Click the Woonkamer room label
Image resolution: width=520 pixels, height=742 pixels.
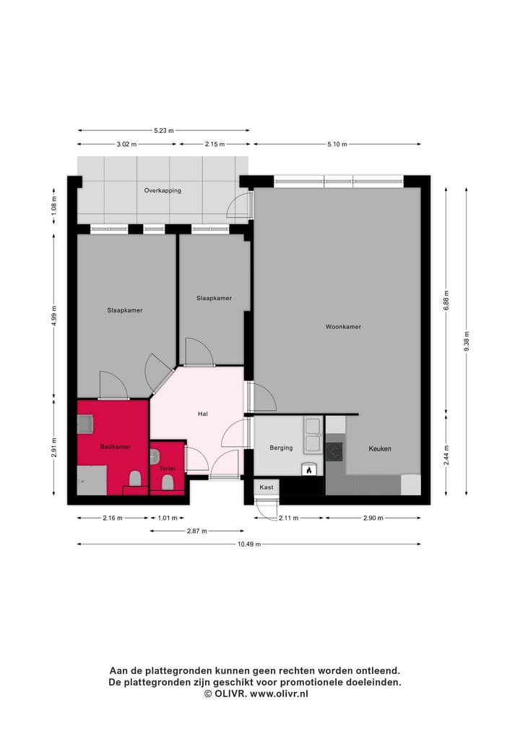click(x=343, y=327)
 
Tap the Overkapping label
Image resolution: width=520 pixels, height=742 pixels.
click(x=162, y=191)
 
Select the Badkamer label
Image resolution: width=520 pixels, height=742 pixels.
click(x=116, y=447)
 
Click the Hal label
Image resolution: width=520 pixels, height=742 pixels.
click(x=203, y=414)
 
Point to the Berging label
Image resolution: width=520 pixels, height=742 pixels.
click(x=281, y=448)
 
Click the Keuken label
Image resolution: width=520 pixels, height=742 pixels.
click(x=380, y=449)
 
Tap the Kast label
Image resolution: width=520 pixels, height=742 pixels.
click(x=266, y=487)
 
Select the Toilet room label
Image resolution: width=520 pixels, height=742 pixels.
click(x=167, y=469)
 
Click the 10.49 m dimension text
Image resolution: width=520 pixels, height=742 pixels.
click(x=248, y=544)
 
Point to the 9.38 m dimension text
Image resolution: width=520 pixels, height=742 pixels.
click(x=467, y=345)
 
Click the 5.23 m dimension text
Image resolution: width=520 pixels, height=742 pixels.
click(x=164, y=131)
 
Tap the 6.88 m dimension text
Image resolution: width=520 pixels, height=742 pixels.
click(x=446, y=300)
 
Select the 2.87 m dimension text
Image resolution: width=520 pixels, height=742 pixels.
click(x=196, y=531)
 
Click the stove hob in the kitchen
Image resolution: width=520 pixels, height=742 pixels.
click(x=334, y=452)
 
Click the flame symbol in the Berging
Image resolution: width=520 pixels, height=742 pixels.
click(x=310, y=470)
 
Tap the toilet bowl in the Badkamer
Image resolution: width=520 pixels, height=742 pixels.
click(x=134, y=478)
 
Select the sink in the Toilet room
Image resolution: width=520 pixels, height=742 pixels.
click(x=155, y=456)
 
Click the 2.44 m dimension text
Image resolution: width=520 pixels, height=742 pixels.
click(x=446, y=454)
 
